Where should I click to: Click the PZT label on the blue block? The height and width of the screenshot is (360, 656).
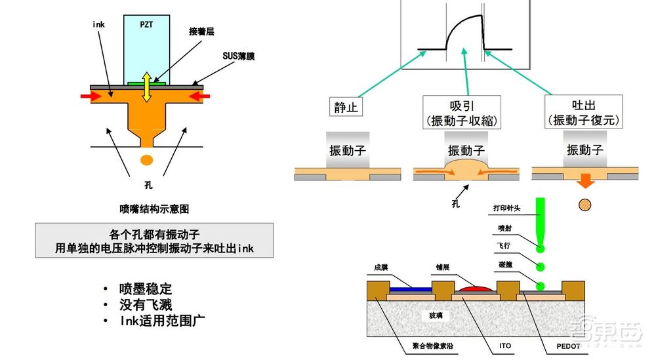[146, 24]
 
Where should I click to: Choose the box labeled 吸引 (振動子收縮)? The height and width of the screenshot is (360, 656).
[462, 112]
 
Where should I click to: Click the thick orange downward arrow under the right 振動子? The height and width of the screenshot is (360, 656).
[584, 180]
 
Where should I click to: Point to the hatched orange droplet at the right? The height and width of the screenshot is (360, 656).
[584, 205]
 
